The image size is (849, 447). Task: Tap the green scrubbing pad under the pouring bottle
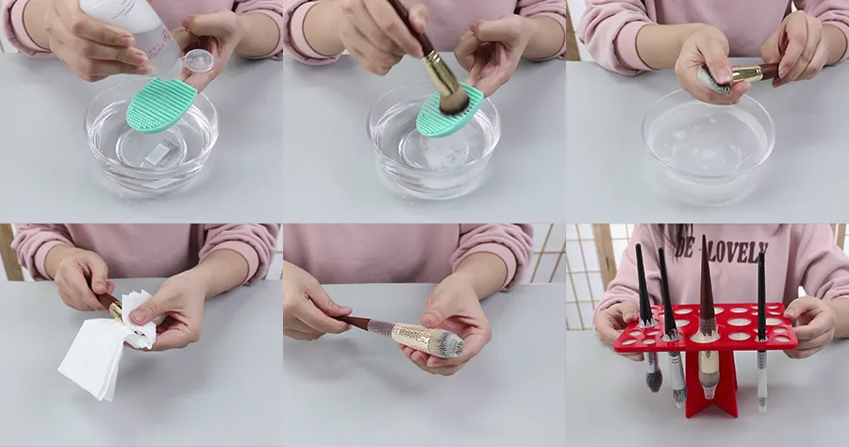[160, 105]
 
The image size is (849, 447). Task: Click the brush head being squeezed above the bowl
[713, 81]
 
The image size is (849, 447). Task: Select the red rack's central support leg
[713, 382]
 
